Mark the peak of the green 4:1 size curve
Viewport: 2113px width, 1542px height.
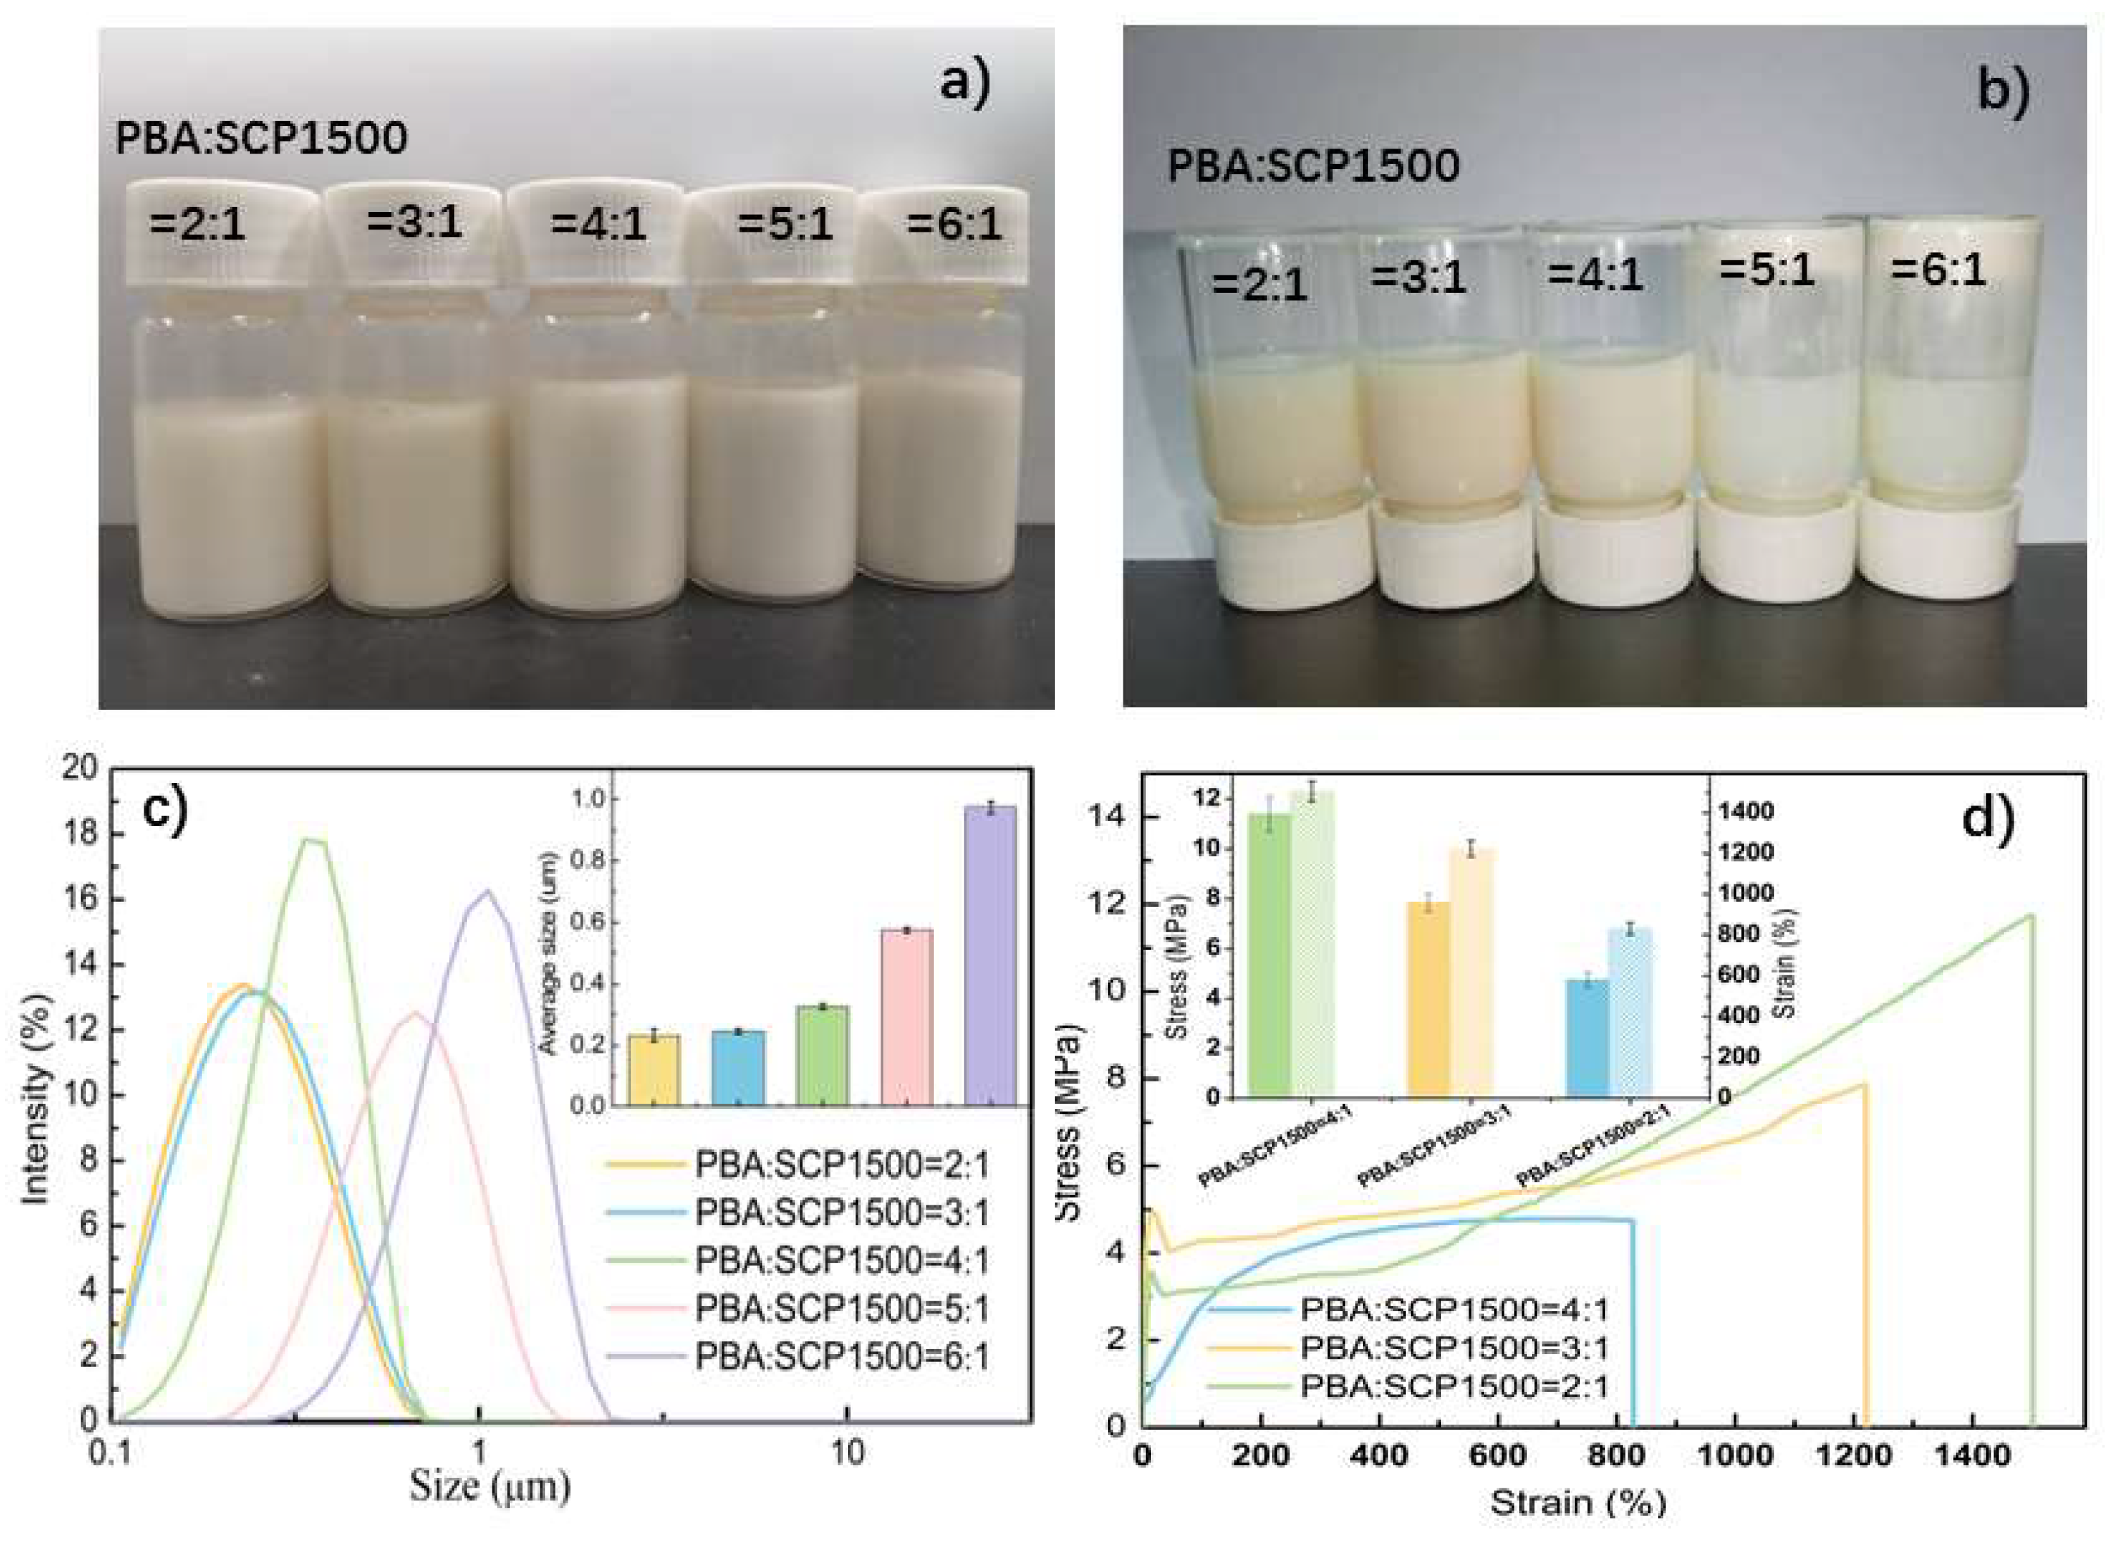[x=313, y=840]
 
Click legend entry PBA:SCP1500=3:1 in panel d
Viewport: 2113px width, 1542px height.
[x=1454, y=1348]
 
